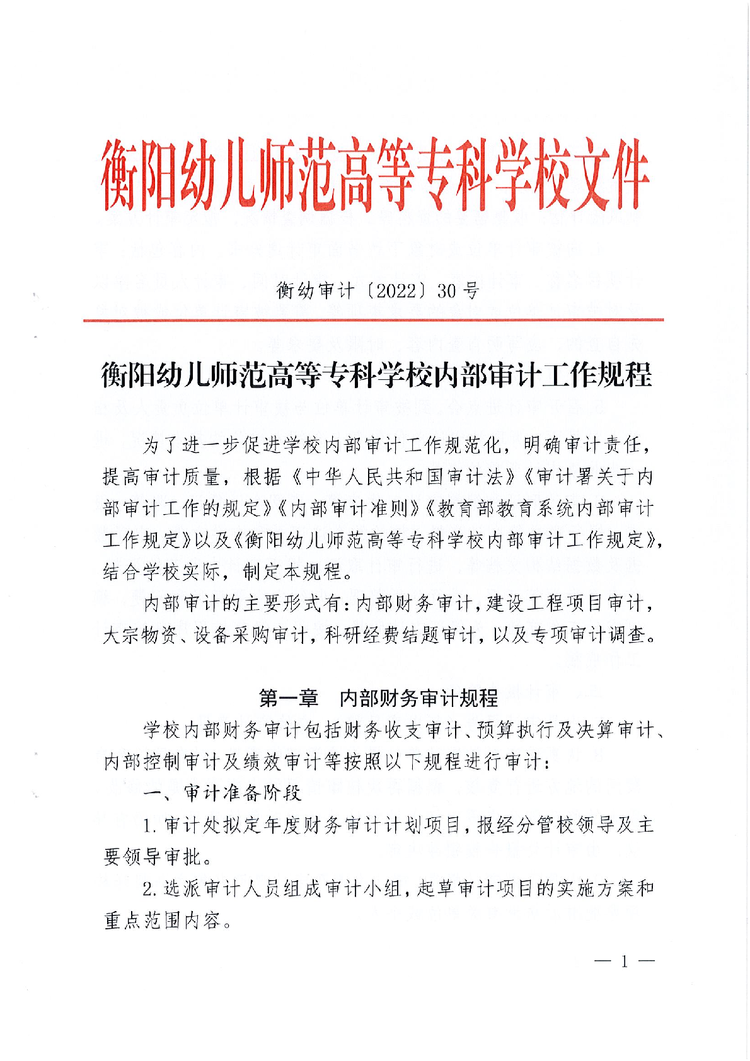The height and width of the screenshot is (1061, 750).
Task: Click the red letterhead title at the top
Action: click(374, 174)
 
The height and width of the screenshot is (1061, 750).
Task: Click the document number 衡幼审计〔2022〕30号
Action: click(378, 290)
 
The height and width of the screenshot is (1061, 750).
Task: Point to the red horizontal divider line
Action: click(373, 320)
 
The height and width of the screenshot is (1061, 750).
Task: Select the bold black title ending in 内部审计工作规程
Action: click(376, 376)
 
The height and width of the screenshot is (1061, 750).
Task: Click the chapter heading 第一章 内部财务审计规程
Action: click(378, 697)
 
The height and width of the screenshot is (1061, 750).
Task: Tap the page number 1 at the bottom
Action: click(624, 961)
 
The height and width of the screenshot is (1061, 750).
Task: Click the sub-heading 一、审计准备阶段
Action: click(222, 793)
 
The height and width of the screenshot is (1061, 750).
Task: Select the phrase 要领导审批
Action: click(152, 857)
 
